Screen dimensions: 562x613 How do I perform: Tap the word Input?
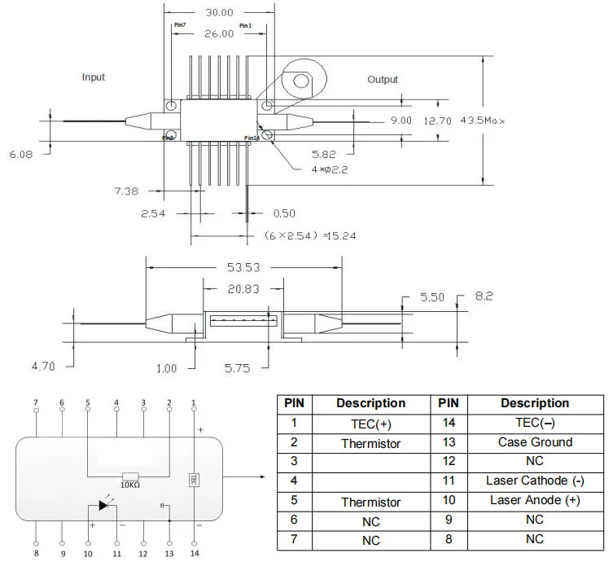click(x=94, y=77)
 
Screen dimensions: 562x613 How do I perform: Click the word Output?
click(x=382, y=79)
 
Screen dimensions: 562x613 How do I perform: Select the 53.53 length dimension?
click(x=243, y=266)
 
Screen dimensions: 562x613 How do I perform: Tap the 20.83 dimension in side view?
click(x=243, y=288)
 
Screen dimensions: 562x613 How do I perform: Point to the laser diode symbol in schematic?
click(x=104, y=505)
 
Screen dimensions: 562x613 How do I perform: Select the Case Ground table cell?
click(x=535, y=442)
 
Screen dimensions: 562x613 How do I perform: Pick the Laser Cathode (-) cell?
click(x=535, y=481)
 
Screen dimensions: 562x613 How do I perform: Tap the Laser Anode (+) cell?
click(x=535, y=500)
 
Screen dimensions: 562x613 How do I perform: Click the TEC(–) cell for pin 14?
click(x=535, y=424)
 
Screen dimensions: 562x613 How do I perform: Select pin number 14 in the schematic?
click(x=194, y=553)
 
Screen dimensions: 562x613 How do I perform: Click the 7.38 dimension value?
click(x=127, y=191)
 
